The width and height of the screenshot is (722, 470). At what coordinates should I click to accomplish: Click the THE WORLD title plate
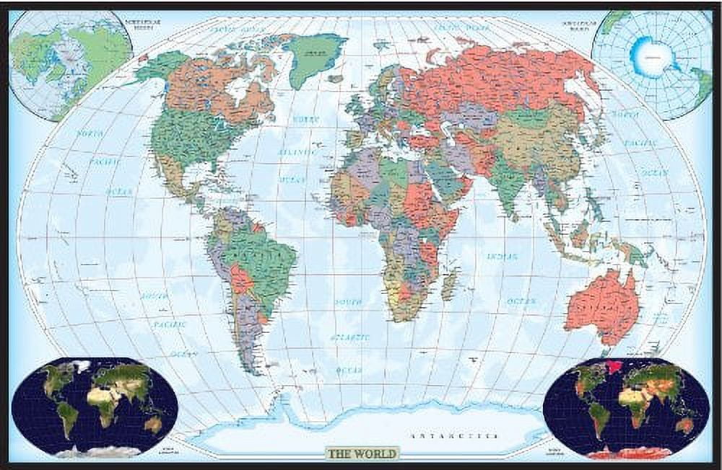coord(361,453)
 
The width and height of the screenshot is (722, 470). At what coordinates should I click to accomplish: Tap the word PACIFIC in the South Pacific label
coord(170,324)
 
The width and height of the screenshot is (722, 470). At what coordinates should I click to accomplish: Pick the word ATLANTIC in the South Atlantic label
coord(349,337)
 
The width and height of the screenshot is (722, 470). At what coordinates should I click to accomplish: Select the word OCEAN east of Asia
coord(653,173)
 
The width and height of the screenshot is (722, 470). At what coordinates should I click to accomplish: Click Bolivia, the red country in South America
coord(240,278)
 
